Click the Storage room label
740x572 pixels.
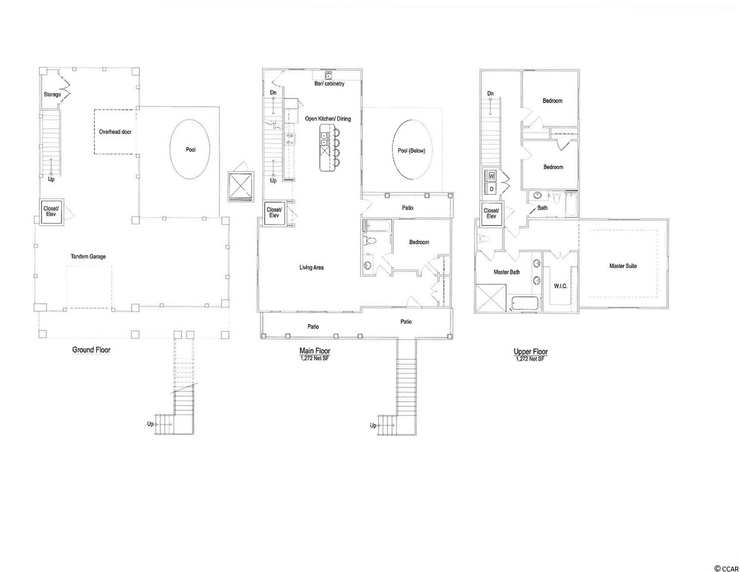pyautogui.click(x=52, y=94)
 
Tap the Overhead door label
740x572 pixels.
pyautogui.click(x=115, y=132)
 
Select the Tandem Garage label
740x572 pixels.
pyautogui.click(x=88, y=256)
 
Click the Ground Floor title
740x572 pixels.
pyautogui.click(x=91, y=350)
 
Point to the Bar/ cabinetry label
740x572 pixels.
pyautogui.click(x=329, y=83)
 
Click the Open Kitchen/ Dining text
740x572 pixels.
pyautogui.click(x=328, y=119)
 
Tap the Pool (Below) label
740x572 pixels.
pyautogui.click(x=411, y=151)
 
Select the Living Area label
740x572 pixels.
pyautogui.click(x=312, y=268)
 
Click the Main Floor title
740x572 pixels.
pyautogui.click(x=315, y=350)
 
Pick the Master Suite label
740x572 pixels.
pyautogui.click(x=623, y=266)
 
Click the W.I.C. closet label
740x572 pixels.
pyautogui.click(x=561, y=286)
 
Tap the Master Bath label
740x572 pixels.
pyautogui.click(x=506, y=272)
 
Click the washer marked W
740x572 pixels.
pyautogui.click(x=492, y=176)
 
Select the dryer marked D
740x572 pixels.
pyautogui.click(x=492, y=189)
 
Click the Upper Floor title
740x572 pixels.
pyautogui.click(x=530, y=352)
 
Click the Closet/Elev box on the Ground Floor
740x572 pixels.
pyautogui.click(x=51, y=212)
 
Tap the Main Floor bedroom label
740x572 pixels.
pyautogui.click(x=419, y=242)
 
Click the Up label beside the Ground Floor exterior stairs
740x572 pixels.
pyautogui.click(x=150, y=424)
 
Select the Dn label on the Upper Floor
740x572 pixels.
pyautogui.click(x=490, y=94)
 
